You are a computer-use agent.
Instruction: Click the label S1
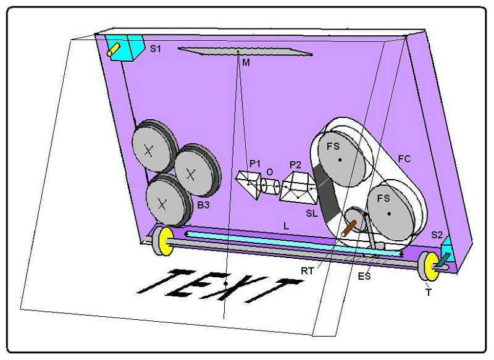pyautogui.click(x=156, y=49)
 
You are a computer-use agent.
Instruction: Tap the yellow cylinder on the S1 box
pyautogui.click(x=114, y=50)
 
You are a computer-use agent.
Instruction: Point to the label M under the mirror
pyautogui.click(x=246, y=63)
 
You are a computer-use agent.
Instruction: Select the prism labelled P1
pyautogui.click(x=249, y=184)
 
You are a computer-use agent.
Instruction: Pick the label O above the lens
pyautogui.click(x=270, y=172)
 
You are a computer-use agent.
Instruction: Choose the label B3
pyautogui.click(x=203, y=205)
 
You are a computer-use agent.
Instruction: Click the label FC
pyautogui.click(x=404, y=159)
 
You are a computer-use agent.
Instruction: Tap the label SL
pyautogui.click(x=312, y=214)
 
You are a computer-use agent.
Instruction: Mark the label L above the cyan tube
pyautogui.click(x=286, y=226)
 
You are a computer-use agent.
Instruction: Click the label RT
pyautogui.click(x=308, y=271)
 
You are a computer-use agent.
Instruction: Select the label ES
pyautogui.click(x=364, y=276)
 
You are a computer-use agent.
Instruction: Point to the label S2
pyautogui.click(x=437, y=235)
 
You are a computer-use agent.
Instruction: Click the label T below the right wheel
pyautogui.click(x=429, y=293)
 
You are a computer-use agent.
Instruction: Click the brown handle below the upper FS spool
pyautogui.click(x=349, y=228)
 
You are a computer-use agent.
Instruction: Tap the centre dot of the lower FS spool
pyautogui.click(x=390, y=214)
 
